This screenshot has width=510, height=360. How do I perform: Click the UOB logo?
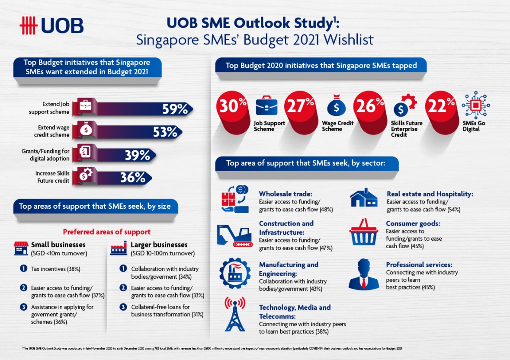pyautogui.click(x=51, y=26)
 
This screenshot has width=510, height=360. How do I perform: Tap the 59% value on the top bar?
pyautogui.click(x=175, y=109)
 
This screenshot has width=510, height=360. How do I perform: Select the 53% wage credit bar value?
pyautogui.click(x=165, y=132)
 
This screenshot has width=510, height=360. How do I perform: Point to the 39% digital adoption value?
pyautogui.click(x=138, y=155)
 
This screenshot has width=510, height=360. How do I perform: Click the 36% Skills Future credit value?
pyautogui.click(x=132, y=178)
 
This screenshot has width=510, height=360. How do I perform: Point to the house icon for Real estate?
pyautogui.click(x=363, y=198)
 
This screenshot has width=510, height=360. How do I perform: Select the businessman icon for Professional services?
pyautogui.click(x=363, y=275)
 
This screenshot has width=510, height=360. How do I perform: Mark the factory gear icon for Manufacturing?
pyautogui.click(x=235, y=273)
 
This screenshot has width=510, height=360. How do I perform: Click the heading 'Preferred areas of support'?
pyautogui.click(x=107, y=232)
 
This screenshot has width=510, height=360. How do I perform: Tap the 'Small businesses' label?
pyautogui.click(x=58, y=245)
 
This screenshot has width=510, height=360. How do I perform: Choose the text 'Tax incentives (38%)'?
pyautogui.click(x=55, y=269)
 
